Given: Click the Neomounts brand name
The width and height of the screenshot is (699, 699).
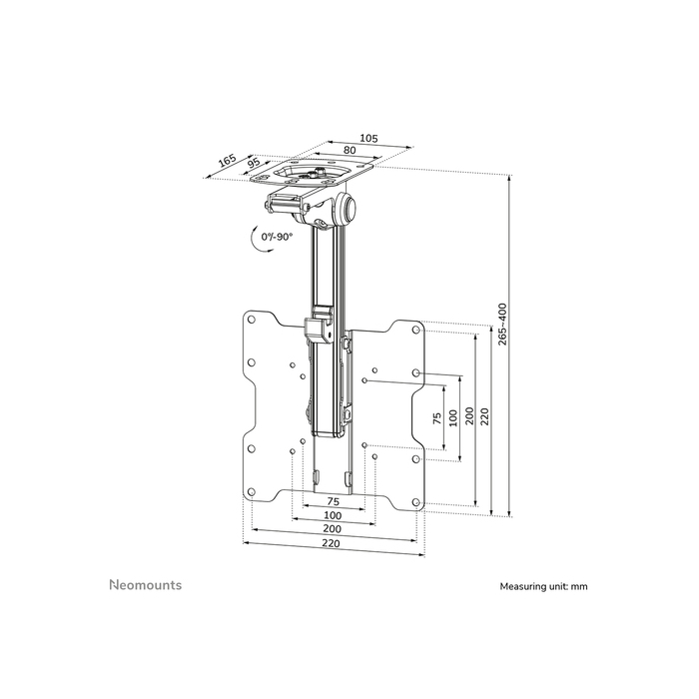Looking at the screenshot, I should click(x=145, y=585).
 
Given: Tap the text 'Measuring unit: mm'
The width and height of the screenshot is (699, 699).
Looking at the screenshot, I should click(x=543, y=587).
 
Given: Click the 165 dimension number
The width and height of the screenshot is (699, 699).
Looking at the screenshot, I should click(x=227, y=160).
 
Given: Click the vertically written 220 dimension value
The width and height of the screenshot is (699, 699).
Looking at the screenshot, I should click(x=485, y=415).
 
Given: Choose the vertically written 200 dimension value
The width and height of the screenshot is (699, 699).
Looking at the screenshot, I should click(x=469, y=415).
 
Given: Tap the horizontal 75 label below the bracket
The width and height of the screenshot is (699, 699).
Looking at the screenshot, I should click(x=332, y=502).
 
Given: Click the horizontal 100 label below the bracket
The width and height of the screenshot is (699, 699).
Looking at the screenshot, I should click(x=332, y=515).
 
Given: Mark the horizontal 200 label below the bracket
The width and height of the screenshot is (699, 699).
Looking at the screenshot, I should click(x=332, y=528).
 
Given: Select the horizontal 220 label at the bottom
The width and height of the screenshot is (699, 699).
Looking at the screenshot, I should click(x=332, y=543).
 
